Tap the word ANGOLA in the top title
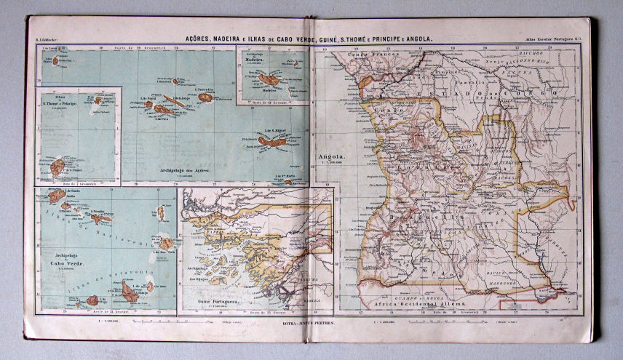click(x=417, y=39)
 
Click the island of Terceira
click(x=205, y=97)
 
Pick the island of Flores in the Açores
click(x=55, y=60)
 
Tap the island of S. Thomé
click(x=57, y=167)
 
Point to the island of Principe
click(x=96, y=100)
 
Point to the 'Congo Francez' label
click(x=365, y=55)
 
